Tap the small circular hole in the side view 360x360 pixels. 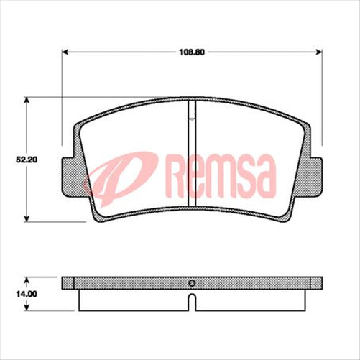point(191,282)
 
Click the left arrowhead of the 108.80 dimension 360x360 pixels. point(67,52)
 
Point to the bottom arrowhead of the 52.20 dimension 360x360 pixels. point(27,218)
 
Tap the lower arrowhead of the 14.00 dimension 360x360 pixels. point(27,309)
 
